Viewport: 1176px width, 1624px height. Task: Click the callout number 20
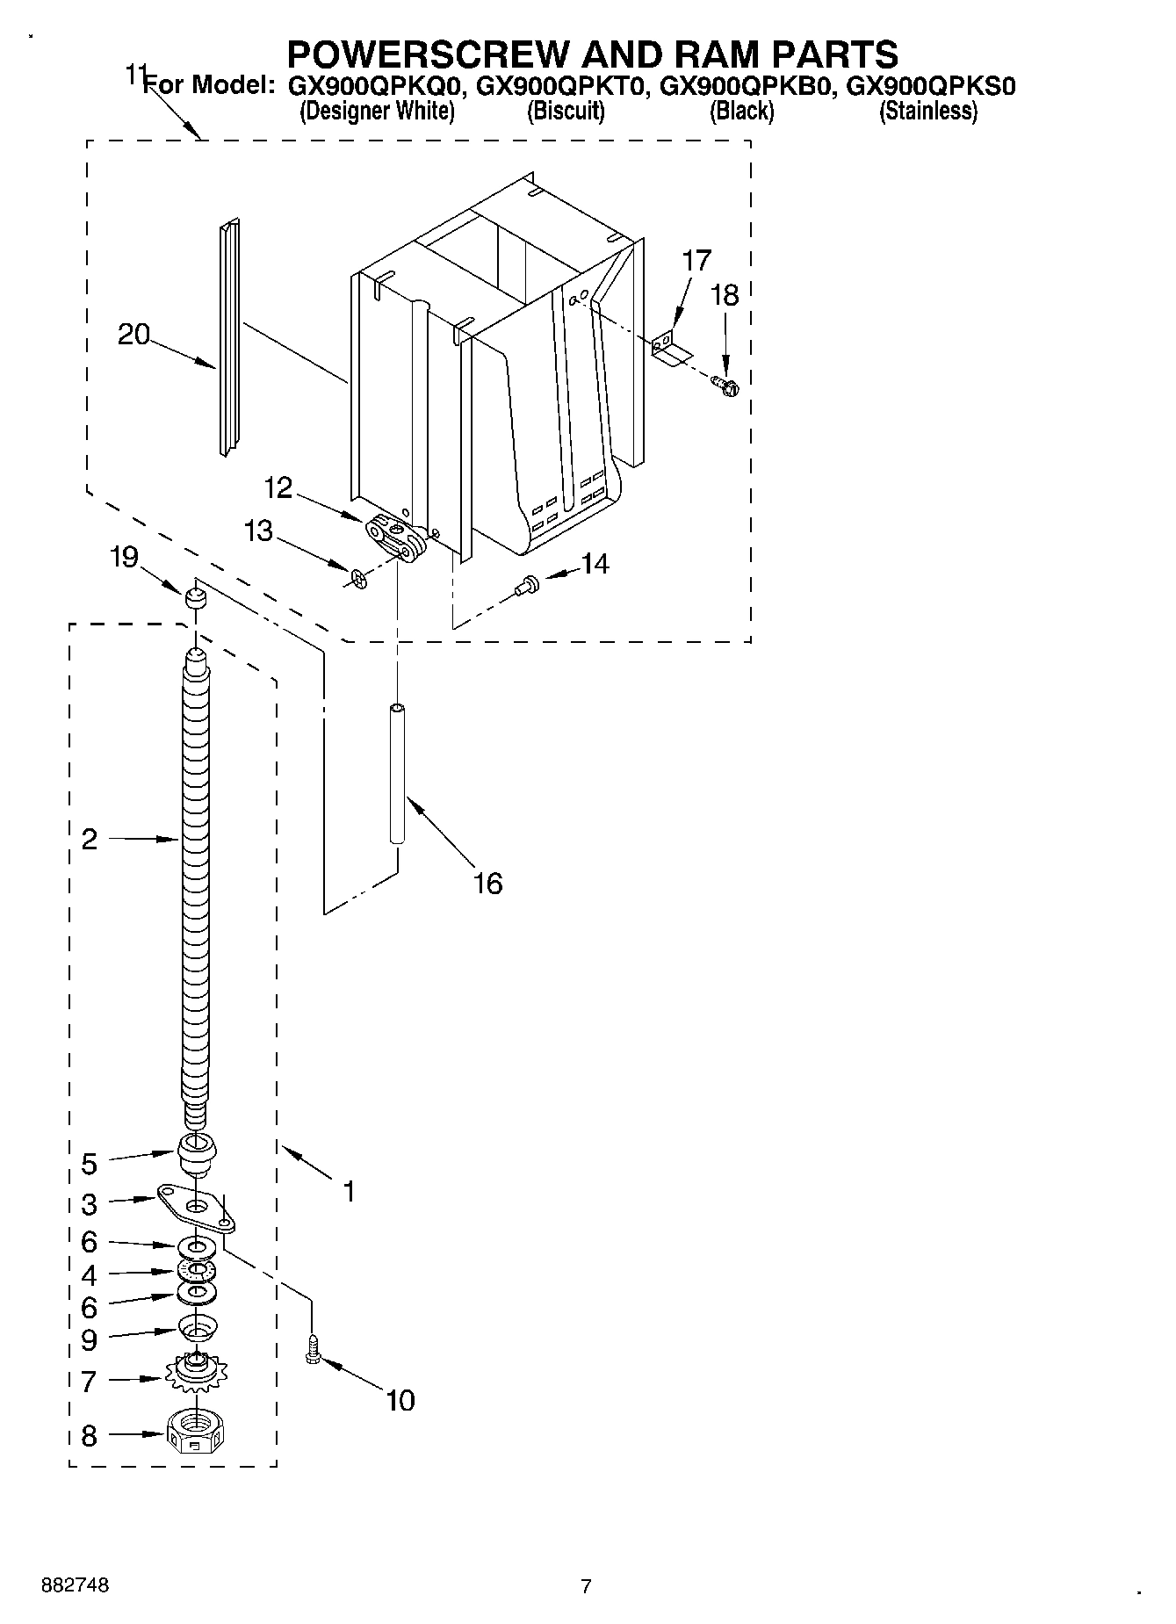tap(133, 335)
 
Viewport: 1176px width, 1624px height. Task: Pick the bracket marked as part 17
tap(671, 348)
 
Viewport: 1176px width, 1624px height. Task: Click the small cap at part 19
tap(195, 599)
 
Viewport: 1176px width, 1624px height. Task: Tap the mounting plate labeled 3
tap(197, 1207)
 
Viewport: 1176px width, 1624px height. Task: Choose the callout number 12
tap(278, 487)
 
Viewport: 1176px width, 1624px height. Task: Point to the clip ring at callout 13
tap(357, 578)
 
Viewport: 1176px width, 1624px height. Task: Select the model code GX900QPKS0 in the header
tap(930, 86)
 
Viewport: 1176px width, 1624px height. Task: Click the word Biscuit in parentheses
tap(566, 112)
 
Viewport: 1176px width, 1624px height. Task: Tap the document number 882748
tap(76, 1587)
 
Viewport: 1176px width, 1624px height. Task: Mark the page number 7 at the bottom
tap(587, 1587)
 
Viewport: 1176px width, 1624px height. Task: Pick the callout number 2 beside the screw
tap(89, 839)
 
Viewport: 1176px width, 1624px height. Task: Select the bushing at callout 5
tap(197, 1152)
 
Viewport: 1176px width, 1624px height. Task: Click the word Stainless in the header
tap(928, 112)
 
